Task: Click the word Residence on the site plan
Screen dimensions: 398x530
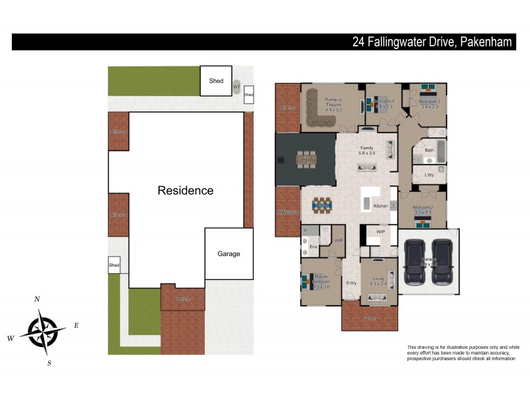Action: point(185,190)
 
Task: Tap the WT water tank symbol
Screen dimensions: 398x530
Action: point(237,87)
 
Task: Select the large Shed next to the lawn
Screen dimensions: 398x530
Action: point(216,80)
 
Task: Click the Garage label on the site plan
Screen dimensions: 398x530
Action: point(229,253)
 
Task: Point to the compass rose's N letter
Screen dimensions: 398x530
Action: point(37,299)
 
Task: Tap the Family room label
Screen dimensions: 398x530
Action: point(367,148)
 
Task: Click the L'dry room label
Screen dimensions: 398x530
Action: point(429,175)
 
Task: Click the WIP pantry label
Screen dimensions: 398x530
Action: point(380,232)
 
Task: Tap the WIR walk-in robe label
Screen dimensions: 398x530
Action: point(338,241)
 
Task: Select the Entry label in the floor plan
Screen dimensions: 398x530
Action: point(351,283)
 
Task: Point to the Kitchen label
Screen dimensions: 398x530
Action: point(380,206)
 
